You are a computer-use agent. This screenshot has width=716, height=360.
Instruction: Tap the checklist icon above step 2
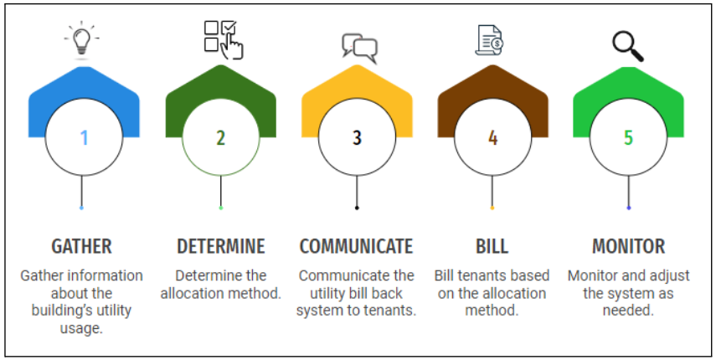[223, 39]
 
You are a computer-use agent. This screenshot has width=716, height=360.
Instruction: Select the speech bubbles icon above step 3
[359, 47]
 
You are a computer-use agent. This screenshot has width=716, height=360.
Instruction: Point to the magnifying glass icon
[627, 46]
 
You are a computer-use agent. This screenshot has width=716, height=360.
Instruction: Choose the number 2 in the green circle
[220, 137]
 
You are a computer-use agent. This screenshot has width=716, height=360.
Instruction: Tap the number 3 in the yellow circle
[357, 137]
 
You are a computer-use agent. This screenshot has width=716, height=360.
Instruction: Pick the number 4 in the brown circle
[492, 137]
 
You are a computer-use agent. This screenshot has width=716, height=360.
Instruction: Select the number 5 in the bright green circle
[628, 137]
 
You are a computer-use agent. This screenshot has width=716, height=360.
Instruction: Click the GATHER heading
[81, 246]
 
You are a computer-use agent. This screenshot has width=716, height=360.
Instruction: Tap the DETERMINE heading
[221, 246]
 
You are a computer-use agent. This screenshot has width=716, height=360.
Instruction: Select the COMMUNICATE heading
[357, 246]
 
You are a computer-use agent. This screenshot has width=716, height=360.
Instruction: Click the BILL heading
[492, 246]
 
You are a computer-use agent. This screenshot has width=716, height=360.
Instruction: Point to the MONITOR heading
[628, 246]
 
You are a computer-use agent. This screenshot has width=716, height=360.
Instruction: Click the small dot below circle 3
[357, 208]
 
